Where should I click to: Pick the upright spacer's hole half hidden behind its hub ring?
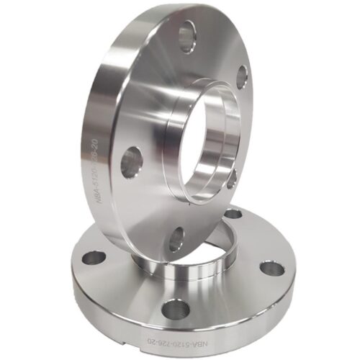[x=232, y=177]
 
